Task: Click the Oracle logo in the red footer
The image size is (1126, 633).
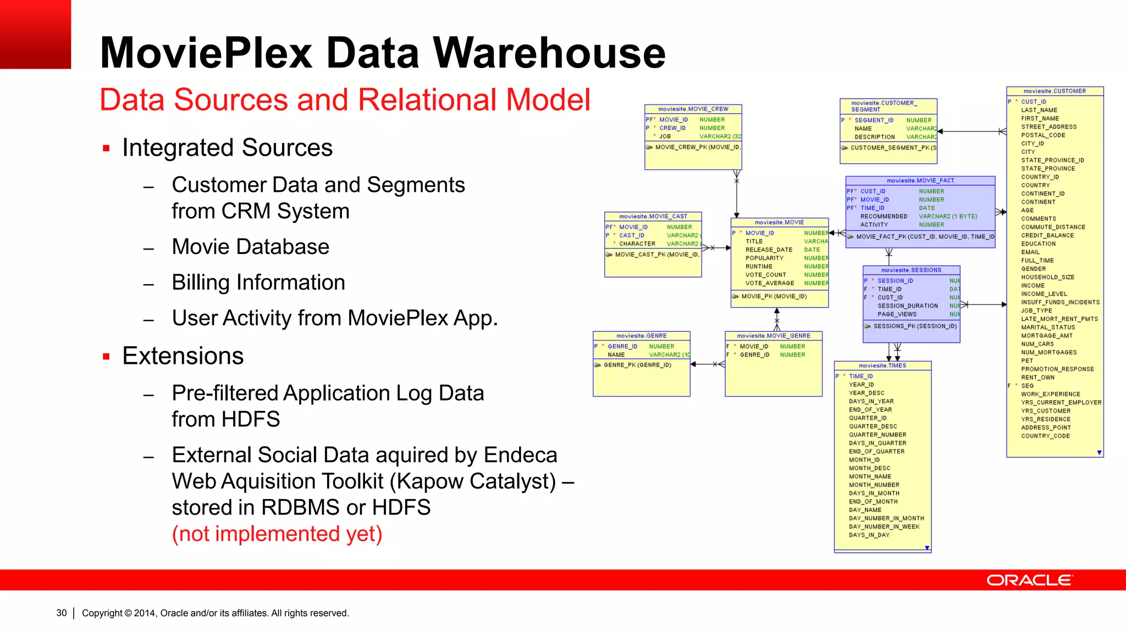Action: pos(1029,580)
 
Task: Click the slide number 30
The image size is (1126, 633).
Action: pos(62,613)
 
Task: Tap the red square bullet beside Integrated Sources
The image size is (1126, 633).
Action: pos(106,148)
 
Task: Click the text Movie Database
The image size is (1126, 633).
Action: pos(250,247)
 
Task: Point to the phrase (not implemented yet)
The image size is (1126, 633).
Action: pos(277,534)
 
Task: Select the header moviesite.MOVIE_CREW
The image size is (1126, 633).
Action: pos(693,109)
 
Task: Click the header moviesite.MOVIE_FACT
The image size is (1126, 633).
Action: pos(920,180)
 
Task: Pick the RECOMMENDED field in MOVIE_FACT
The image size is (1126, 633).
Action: pos(884,216)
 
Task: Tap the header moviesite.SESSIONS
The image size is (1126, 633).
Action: pos(911,270)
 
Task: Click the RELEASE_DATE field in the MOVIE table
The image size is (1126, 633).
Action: pos(769,250)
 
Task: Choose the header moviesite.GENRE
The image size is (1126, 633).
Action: pos(641,336)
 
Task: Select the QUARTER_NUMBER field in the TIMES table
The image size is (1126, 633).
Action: pos(877,435)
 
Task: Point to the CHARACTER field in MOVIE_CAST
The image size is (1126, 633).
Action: pos(637,244)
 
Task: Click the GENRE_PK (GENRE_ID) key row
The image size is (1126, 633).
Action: pos(637,365)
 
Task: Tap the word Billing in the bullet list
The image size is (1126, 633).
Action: pos(200,282)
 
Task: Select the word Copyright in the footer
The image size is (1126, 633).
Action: pos(102,613)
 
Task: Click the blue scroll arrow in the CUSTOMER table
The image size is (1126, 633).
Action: pos(1099,453)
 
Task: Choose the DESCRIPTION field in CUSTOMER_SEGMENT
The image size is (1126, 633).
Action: pos(874,137)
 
